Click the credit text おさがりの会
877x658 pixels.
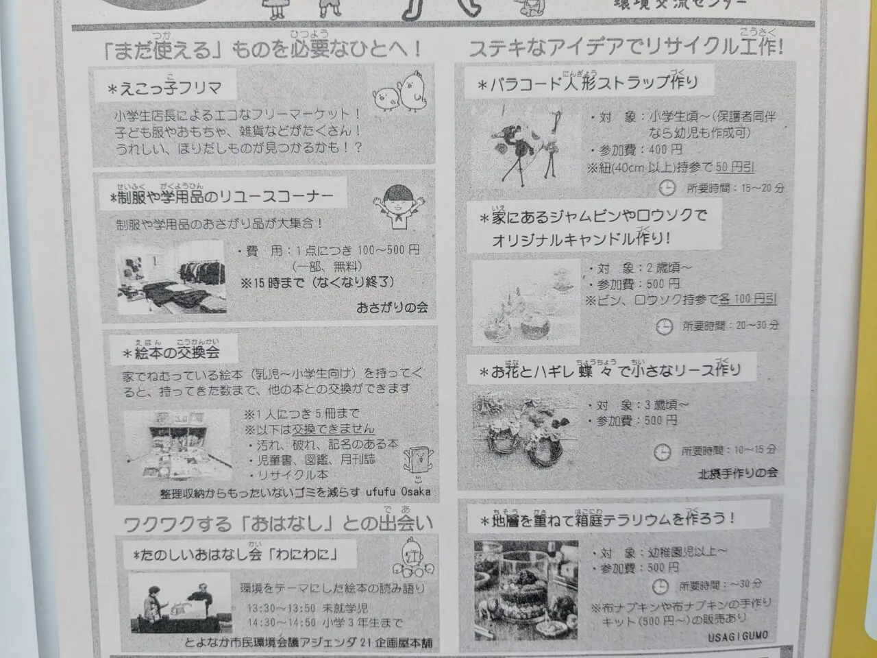tap(392, 307)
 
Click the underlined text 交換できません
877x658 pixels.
tap(334, 429)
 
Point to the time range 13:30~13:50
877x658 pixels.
tap(282, 608)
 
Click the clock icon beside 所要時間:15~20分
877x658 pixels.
tap(667, 187)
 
